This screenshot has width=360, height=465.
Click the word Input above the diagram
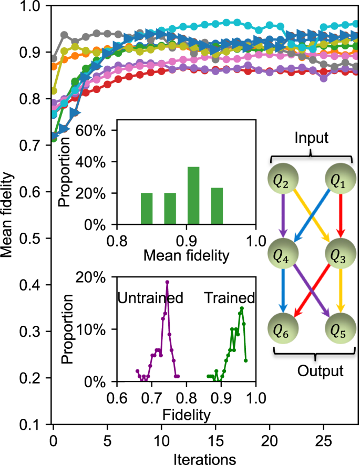311,139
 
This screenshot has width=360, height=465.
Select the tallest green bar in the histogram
193,195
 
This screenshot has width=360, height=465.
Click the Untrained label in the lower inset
150,298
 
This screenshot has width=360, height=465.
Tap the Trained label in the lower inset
229,298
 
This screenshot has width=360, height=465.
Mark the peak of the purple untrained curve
167,282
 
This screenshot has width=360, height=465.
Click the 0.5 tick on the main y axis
36,239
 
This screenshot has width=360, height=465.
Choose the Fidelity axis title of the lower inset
186,414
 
